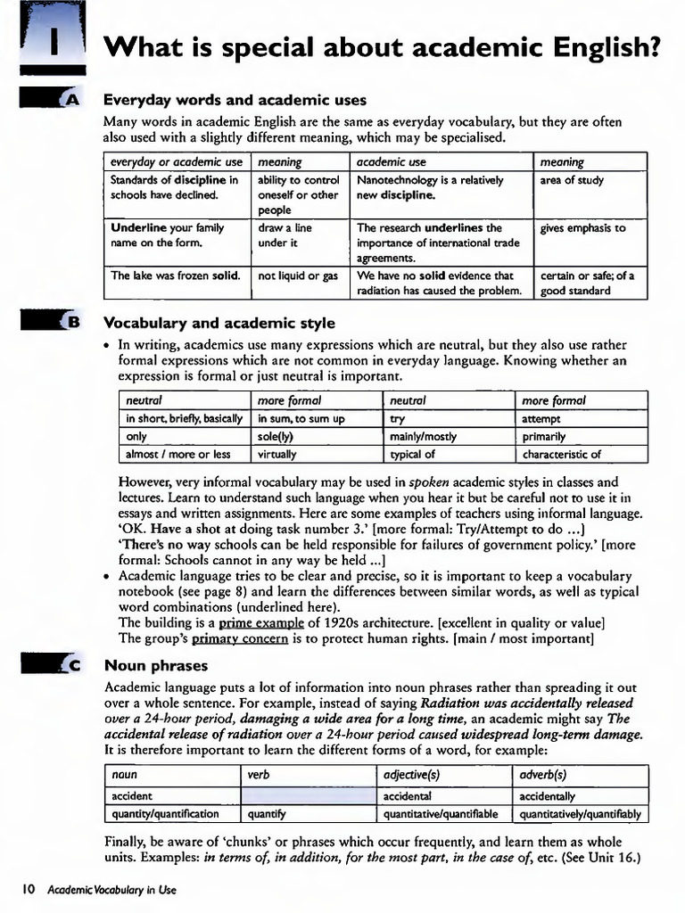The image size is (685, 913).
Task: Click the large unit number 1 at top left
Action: (x=54, y=44)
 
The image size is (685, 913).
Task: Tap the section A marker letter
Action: (x=72, y=101)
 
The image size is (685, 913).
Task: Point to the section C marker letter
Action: (x=72, y=666)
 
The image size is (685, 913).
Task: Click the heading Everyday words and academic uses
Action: (x=235, y=100)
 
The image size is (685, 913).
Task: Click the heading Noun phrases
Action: (x=155, y=665)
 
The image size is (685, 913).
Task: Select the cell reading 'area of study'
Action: (x=572, y=180)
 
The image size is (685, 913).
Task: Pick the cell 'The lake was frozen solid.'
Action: (x=176, y=276)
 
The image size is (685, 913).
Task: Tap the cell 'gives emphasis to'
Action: (x=582, y=228)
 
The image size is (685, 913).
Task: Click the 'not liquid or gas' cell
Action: (x=298, y=276)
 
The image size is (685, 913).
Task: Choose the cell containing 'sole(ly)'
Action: (x=276, y=437)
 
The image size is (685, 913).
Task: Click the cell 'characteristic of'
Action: (x=561, y=454)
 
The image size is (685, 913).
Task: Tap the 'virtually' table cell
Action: (x=277, y=454)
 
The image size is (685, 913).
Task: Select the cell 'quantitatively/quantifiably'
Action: (x=580, y=813)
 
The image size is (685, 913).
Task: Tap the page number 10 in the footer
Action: (x=29, y=889)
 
